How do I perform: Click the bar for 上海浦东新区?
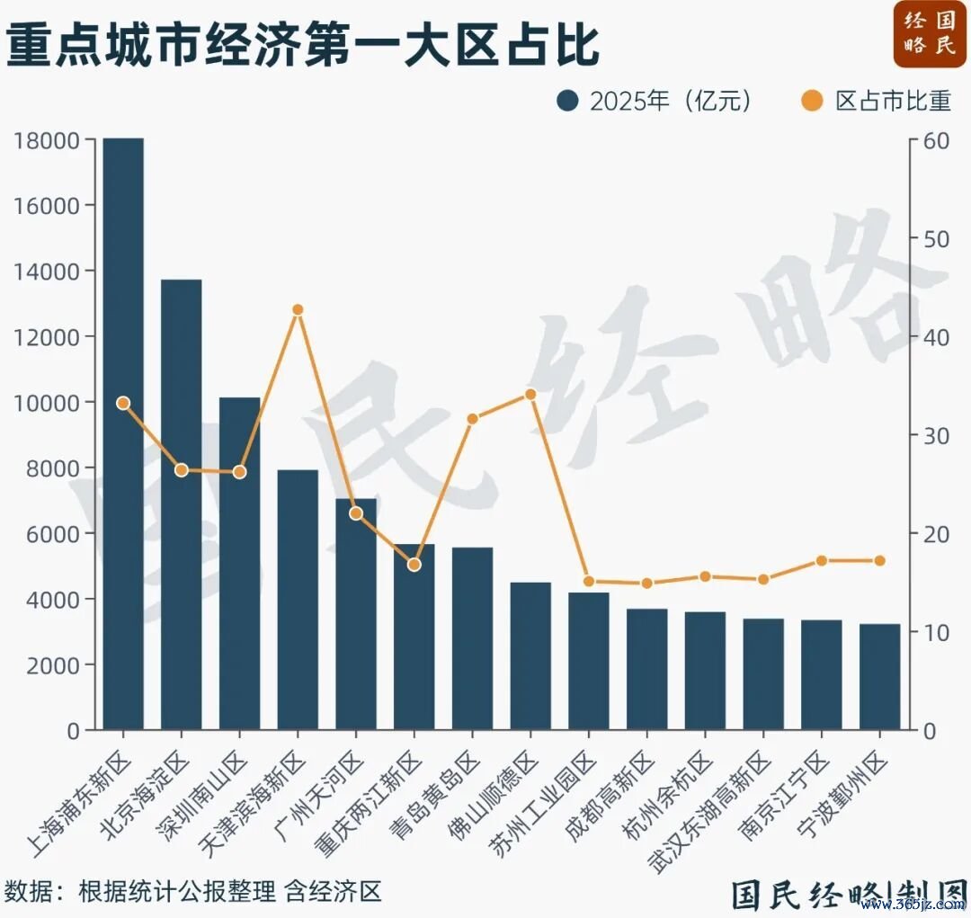[x=123, y=433]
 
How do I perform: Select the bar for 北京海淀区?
[x=182, y=504]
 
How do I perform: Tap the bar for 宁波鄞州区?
[x=880, y=676]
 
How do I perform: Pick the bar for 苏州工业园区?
[x=589, y=661]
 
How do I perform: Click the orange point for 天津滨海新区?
[x=298, y=309]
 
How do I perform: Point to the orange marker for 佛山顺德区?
[x=530, y=395]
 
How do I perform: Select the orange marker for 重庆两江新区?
[x=414, y=565]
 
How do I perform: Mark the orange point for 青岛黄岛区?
[x=473, y=419]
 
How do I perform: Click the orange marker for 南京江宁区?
[x=822, y=560]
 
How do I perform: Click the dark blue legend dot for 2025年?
[x=568, y=101]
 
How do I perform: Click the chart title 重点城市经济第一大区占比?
[x=303, y=44]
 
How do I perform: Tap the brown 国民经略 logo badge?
[x=930, y=34]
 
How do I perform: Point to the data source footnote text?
[x=192, y=891]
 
